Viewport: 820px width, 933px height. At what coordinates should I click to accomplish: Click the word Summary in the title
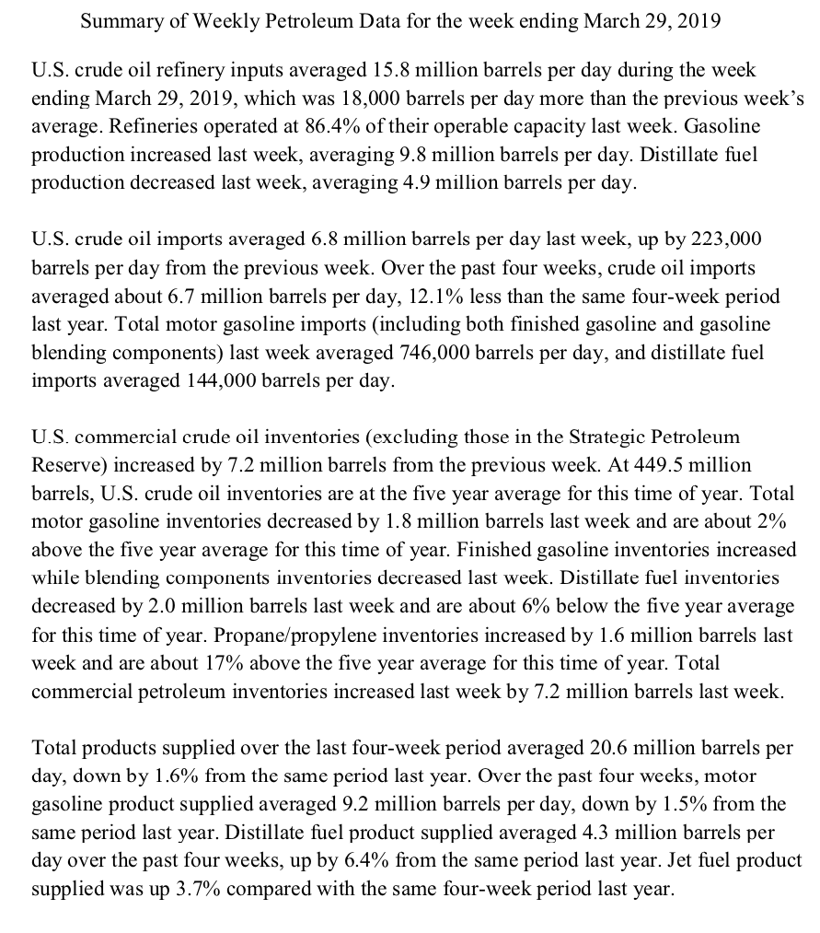point(119,21)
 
